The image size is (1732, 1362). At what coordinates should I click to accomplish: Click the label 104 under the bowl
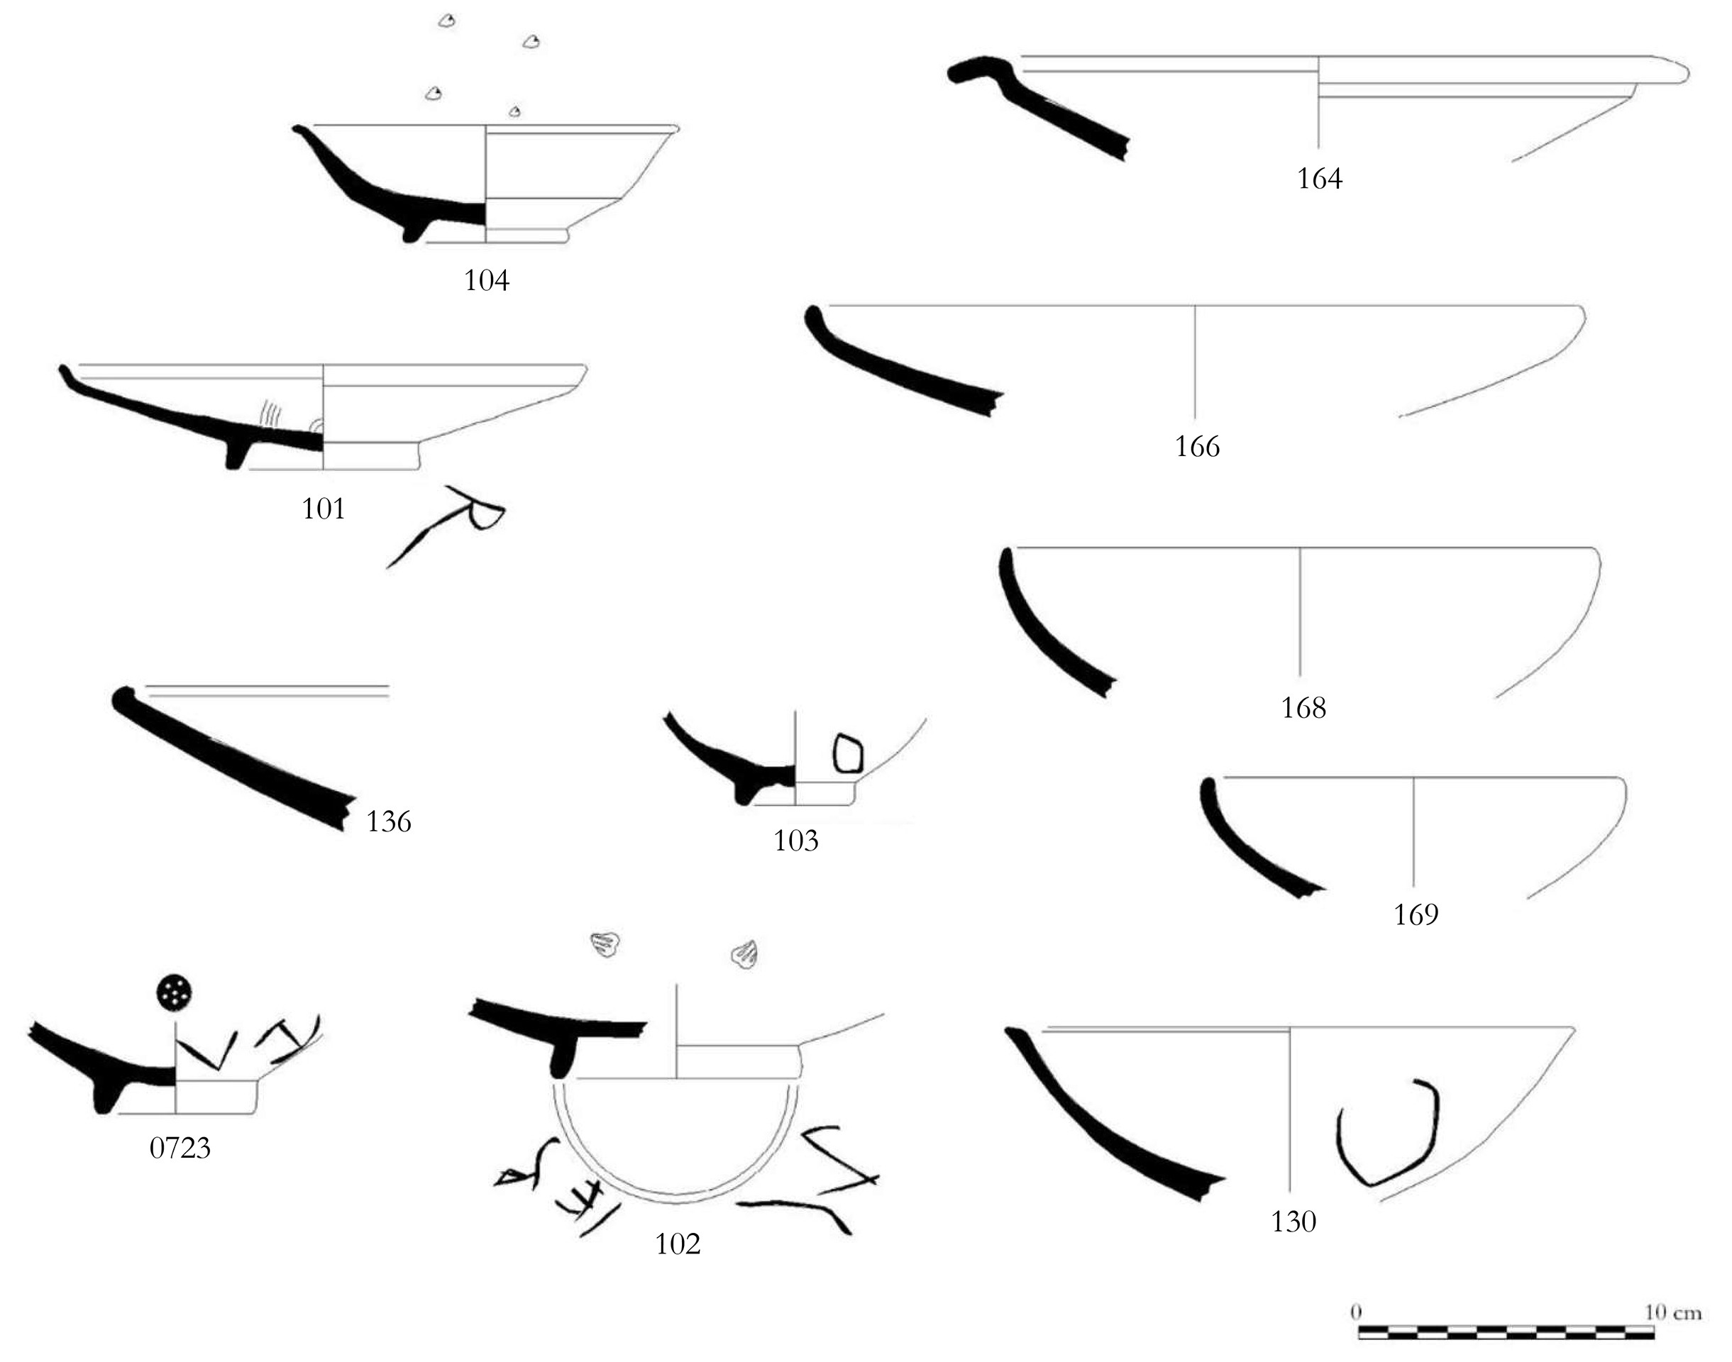[487, 281]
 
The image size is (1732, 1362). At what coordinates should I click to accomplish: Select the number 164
[1319, 179]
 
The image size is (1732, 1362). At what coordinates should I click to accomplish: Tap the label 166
[1197, 447]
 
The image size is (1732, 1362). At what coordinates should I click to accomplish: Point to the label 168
[1303, 708]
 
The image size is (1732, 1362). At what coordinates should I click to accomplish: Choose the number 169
[1416, 914]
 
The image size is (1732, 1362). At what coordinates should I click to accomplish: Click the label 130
[1293, 1222]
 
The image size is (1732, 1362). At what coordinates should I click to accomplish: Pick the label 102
[678, 1244]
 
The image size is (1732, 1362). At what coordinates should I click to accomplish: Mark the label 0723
[180, 1148]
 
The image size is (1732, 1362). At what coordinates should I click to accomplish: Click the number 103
[796, 841]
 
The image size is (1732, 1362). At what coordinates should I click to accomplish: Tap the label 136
[388, 822]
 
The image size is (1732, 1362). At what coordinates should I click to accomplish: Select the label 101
[323, 509]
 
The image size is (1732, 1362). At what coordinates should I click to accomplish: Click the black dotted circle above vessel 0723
[175, 992]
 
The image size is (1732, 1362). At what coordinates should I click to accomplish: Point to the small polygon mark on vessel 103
[848, 753]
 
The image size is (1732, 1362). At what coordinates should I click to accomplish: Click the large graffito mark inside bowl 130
[1387, 1132]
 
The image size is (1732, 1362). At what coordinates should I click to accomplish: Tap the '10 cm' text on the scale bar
[1673, 1312]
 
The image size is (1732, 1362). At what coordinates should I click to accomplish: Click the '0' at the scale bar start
[1357, 1312]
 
